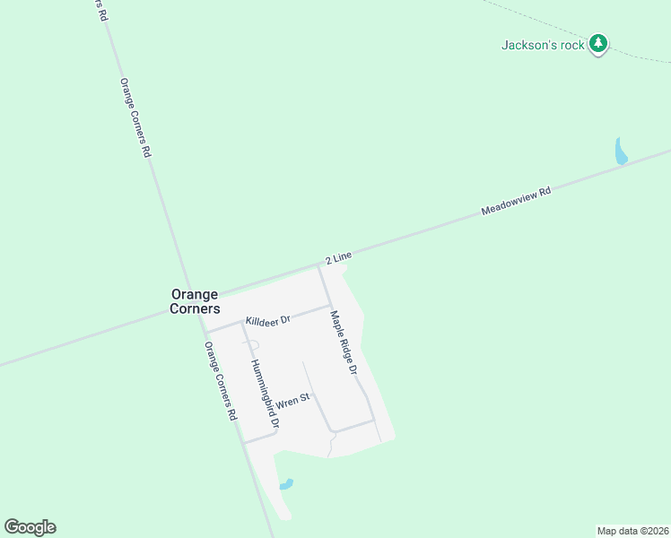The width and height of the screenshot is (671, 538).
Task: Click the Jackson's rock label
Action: [x=543, y=44]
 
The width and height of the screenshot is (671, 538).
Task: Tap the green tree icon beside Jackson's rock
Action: [x=598, y=43]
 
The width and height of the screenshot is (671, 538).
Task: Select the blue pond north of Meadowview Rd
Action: [x=620, y=152]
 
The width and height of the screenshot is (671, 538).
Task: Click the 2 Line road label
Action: [x=337, y=258]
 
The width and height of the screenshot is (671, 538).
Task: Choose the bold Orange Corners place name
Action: [x=196, y=300]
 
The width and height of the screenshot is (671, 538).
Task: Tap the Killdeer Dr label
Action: [x=267, y=320]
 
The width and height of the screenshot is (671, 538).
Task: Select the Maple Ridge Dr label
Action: [x=344, y=343]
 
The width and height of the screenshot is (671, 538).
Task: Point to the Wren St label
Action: [x=292, y=400]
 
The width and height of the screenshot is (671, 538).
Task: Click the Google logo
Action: [x=30, y=527]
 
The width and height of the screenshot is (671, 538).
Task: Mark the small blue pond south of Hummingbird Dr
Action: [x=286, y=485]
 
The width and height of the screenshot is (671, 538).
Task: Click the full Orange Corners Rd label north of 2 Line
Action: [x=135, y=117]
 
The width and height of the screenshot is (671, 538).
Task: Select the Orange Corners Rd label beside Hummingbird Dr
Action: [x=220, y=381]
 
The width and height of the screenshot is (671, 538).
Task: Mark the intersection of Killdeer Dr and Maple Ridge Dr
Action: [x=327, y=307]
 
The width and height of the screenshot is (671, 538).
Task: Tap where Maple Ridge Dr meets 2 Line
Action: [x=318, y=265]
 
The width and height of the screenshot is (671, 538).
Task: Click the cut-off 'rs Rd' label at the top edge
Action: [x=100, y=10]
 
